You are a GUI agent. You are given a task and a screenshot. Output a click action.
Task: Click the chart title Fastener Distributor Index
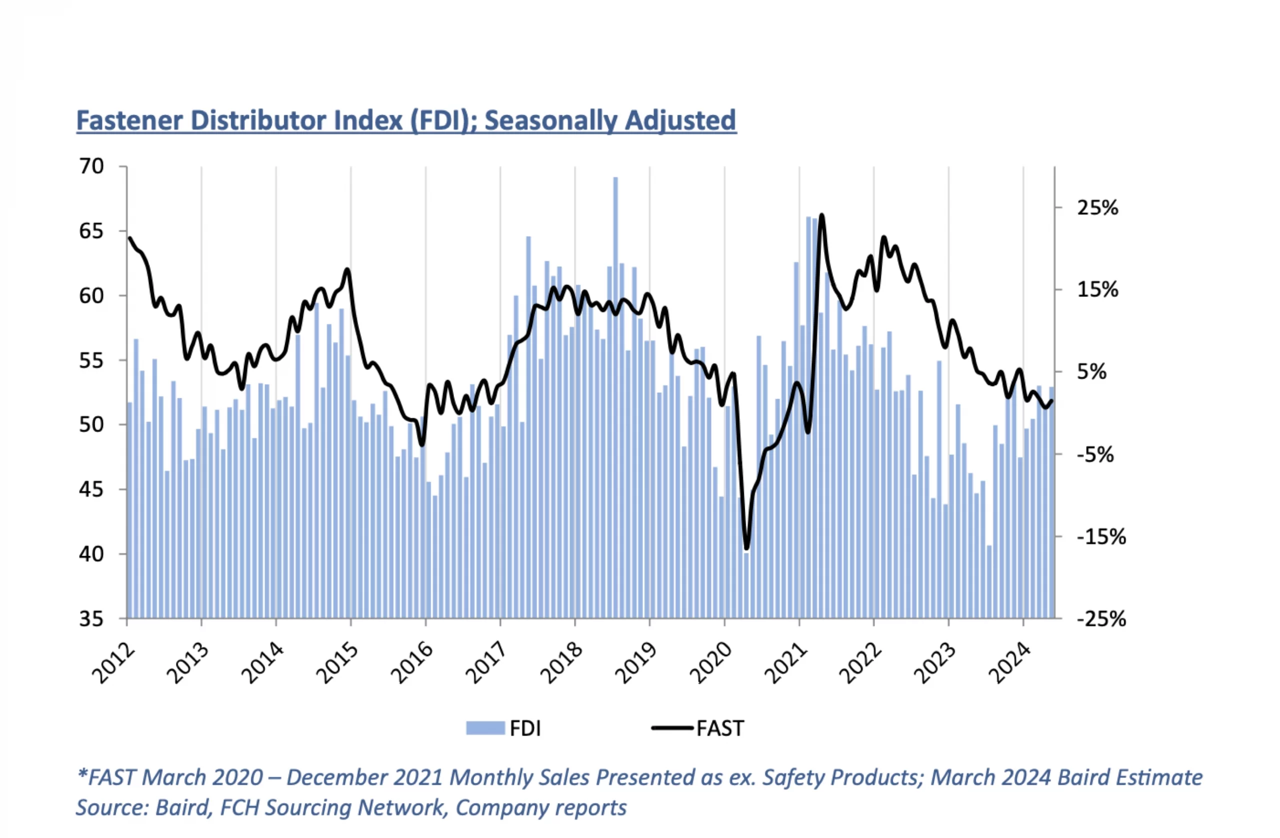(406, 120)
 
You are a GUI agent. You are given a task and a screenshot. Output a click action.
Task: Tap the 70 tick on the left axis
(91, 166)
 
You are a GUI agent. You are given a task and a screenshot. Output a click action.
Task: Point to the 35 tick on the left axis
(91, 619)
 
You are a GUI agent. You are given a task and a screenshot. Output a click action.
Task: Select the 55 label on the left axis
(91, 360)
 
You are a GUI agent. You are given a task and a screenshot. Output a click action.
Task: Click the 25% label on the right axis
(1097, 207)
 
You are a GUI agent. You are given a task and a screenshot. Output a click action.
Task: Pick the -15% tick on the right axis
(1101, 537)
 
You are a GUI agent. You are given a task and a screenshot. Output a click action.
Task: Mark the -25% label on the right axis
(1101, 619)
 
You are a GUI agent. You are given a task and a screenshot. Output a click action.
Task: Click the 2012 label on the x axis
(114, 664)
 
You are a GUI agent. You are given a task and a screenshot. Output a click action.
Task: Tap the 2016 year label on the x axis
(412, 664)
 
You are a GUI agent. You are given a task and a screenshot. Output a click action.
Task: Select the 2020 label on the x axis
(711, 664)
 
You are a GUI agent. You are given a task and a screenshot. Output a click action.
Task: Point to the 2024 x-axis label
(1010, 664)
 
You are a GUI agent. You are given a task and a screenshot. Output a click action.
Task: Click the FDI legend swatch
(485, 728)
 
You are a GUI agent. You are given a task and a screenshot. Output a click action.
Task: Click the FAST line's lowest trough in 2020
(746, 548)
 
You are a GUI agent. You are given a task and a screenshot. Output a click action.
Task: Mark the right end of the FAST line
(1051, 400)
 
